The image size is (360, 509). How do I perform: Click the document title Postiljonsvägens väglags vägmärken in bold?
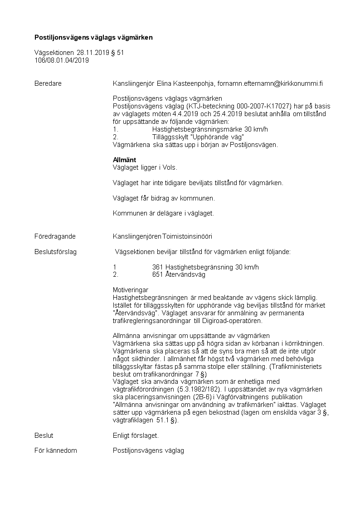pyautogui.click(x=94, y=37)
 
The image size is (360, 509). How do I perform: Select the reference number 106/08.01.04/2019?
pyautogui.click(x=62, y=60)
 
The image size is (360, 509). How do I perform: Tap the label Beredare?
pyautogui.click(x=48, y=83)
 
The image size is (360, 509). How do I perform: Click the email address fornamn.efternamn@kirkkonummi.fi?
pyautogui.click(x=270, y=83)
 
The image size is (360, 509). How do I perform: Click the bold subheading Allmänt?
pyautogui.click(x=124, y=160)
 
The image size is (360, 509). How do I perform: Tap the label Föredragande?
pyautogui.click(x=55, y=236)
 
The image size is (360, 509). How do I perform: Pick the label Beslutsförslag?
pyautogui.click(x=56, y=252)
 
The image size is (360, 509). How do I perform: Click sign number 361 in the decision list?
pyautogui.click(x=158, y=267)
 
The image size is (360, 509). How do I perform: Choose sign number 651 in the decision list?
pyautogui.click(x=158, y=274)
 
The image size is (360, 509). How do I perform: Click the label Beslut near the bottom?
pyautogui.click(x=44, y=436)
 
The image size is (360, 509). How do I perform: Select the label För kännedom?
pyautogui.click(x=56, y=450)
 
